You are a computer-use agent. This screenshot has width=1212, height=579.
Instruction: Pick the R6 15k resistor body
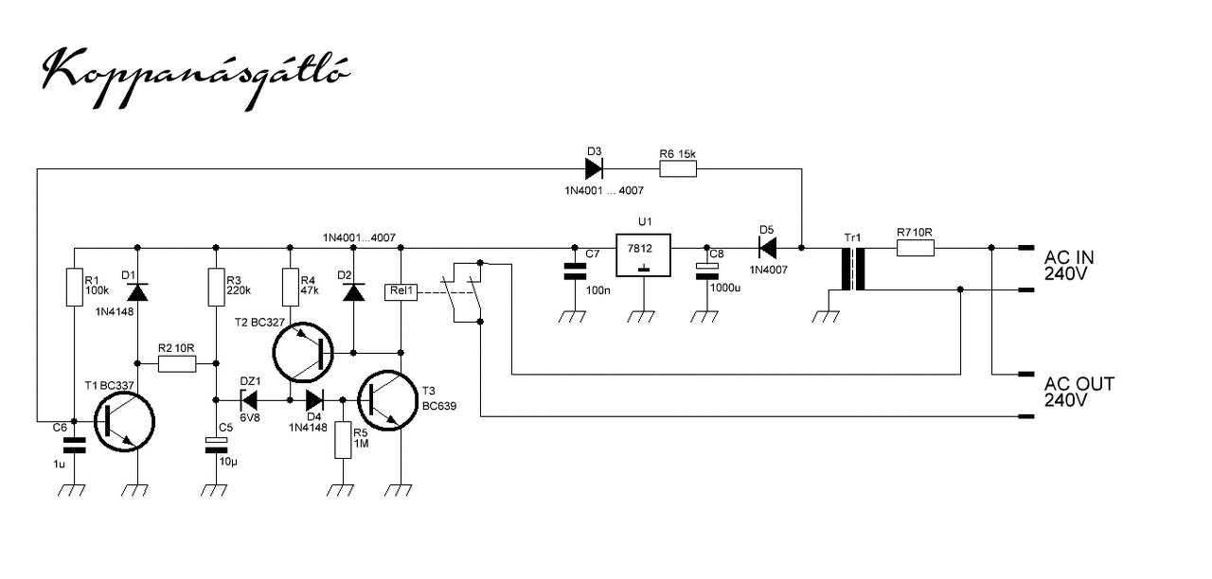[x=678, y=169]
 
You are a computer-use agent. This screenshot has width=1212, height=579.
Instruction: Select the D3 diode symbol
[x=594, y=169]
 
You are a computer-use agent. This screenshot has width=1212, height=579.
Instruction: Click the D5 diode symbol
[x=768, y=248]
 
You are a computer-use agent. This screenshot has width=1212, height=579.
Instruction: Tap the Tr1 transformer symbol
[x=853, y=270]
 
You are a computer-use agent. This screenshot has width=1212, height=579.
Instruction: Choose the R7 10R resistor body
[x=916, y=248]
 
